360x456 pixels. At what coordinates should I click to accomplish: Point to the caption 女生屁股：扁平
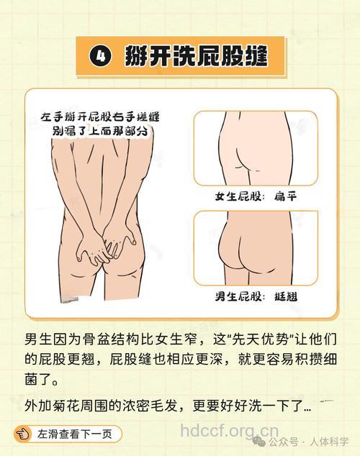(x=256, y=196)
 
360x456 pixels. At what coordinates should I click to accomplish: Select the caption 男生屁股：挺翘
(x=256, y=296)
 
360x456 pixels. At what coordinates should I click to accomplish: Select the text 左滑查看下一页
(x=75, y=434)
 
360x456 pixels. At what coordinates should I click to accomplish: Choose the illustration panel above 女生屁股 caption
(x=256, y=147)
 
